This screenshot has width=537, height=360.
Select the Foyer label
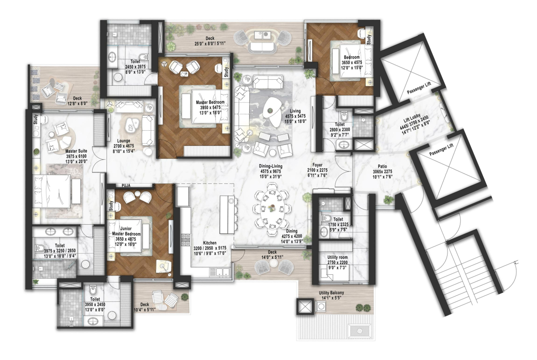coord(318,165)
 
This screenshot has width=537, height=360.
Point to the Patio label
coord(382,166)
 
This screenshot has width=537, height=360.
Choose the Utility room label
coord(337,257)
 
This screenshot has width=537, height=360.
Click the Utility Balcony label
coord(331,293)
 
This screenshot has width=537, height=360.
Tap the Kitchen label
coord(210,243)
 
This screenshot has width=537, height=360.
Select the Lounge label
coord(123,141)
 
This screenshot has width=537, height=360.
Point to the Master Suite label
coord(76,151)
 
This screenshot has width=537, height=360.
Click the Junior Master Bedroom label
coord(126,231)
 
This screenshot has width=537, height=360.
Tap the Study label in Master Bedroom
coord(226,72)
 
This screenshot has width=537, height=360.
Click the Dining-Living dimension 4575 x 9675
coord(270,171)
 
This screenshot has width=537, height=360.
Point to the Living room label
coord(295,111)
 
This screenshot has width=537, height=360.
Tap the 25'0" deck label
coord(210,44)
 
